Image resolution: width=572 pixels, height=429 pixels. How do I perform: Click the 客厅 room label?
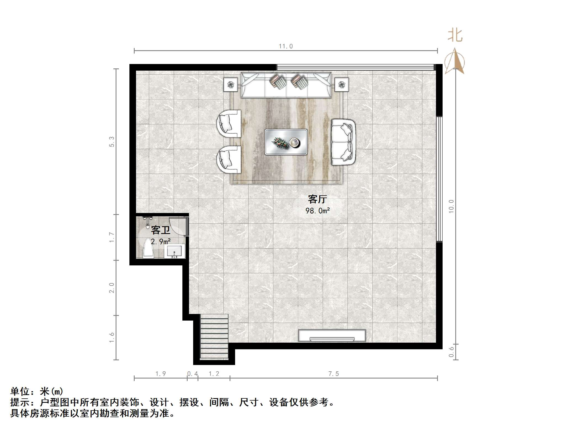pos(317,199)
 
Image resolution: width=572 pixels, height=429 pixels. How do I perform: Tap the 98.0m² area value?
pos(317,211)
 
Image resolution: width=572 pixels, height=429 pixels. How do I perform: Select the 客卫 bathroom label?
pos(160,230)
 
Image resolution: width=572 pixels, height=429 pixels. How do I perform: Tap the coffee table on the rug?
pos(286,142)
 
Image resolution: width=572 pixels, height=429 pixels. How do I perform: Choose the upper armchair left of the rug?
pos(229,124)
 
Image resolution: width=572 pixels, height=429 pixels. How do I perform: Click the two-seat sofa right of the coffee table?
pos(343,142)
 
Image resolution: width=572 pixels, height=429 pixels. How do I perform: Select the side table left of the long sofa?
pos(230,84)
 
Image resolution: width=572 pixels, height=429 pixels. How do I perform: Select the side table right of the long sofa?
pos(342,84)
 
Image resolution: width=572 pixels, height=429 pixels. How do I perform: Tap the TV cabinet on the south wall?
pos(332,336)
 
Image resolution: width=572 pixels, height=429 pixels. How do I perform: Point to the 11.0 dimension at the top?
pos(286,46)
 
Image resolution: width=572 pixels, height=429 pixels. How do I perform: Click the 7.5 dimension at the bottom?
pos(333,374)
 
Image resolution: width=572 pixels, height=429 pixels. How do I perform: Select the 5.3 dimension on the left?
pos(111,142)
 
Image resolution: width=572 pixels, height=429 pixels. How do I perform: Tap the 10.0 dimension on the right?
pos(451,206)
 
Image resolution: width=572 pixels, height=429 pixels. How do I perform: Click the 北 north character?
pos(455,36)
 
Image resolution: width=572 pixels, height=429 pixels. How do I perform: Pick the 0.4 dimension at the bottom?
pos(192,374)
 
